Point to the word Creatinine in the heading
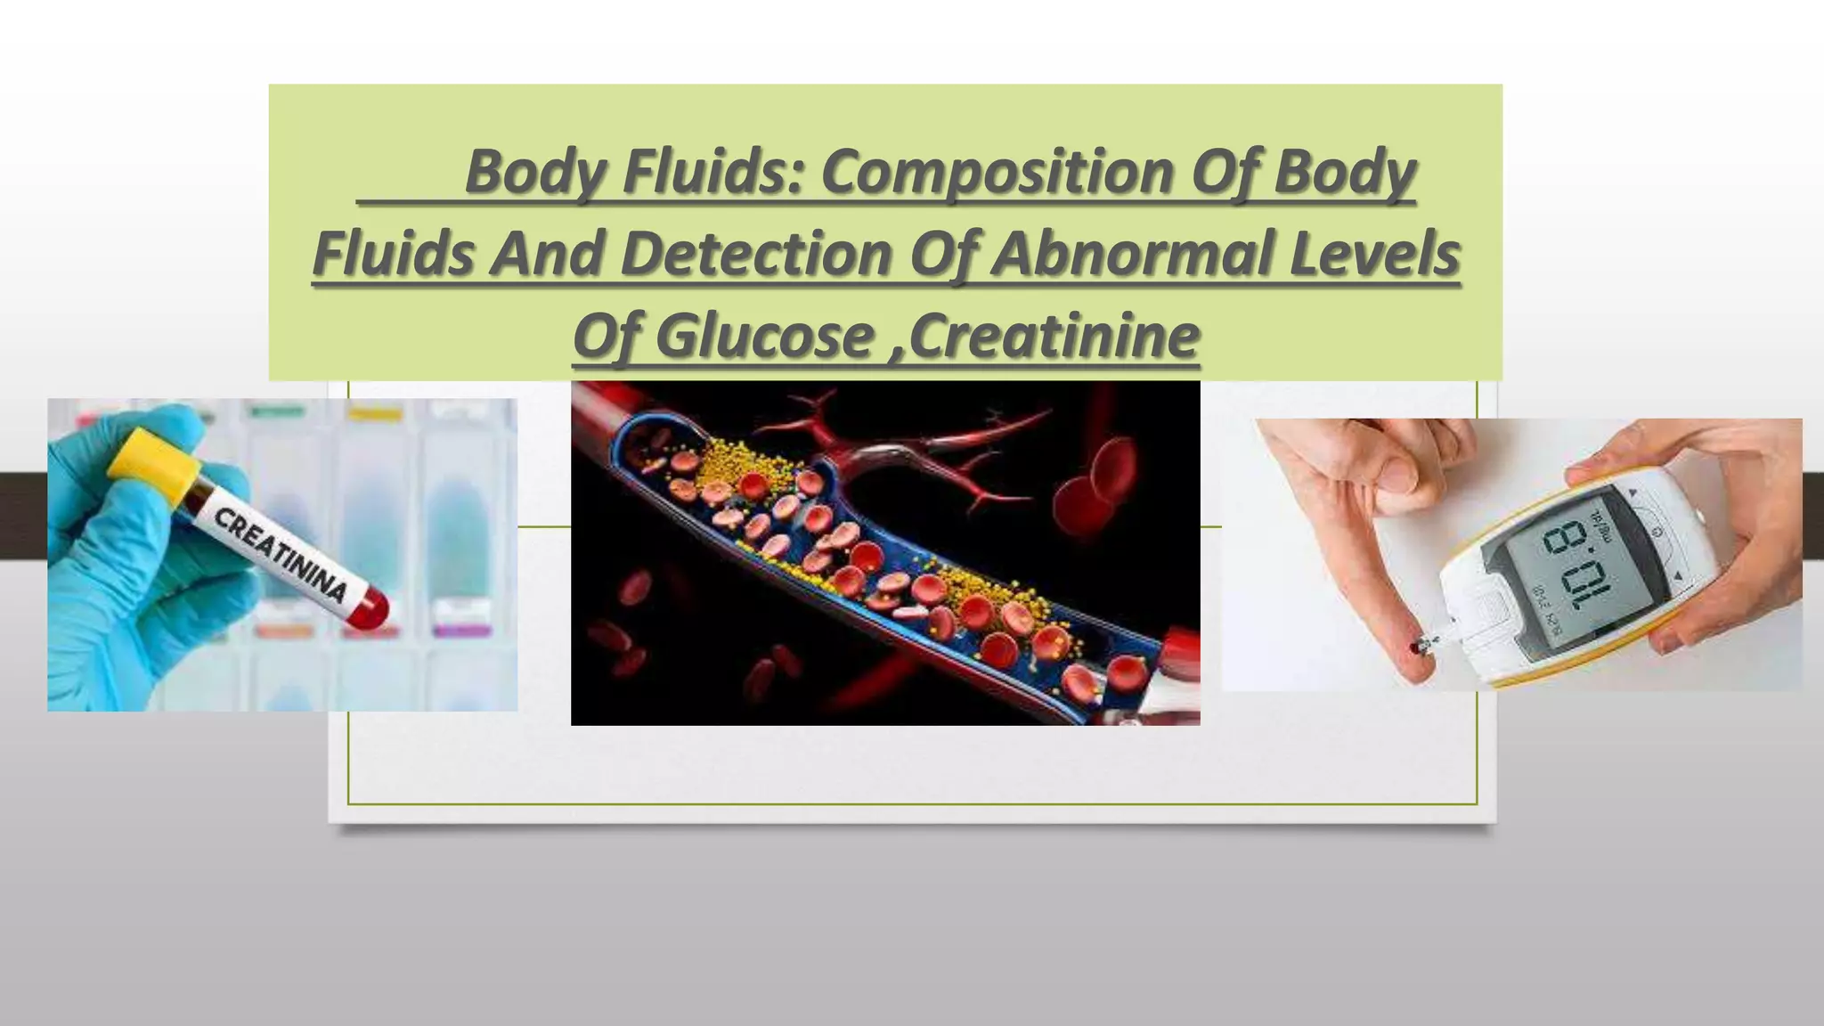click(1054, 337)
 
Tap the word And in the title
click(546, 254)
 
